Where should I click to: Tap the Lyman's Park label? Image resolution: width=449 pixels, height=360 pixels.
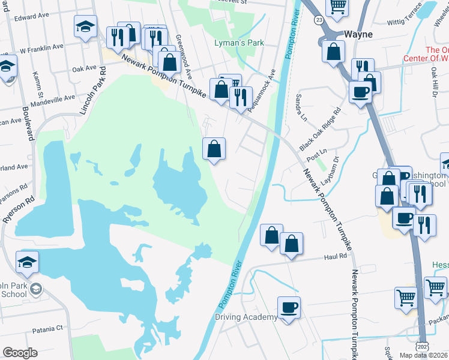239,43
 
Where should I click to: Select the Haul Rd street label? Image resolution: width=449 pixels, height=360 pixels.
336,256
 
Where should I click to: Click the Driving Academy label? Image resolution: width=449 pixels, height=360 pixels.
247,317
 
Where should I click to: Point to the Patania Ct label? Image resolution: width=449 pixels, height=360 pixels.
47,329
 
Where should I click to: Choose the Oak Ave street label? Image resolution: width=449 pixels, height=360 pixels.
85,69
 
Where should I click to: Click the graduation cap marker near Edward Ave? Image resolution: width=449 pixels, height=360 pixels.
86,27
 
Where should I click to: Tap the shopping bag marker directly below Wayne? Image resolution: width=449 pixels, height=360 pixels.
333,52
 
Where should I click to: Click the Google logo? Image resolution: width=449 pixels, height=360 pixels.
20,353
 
